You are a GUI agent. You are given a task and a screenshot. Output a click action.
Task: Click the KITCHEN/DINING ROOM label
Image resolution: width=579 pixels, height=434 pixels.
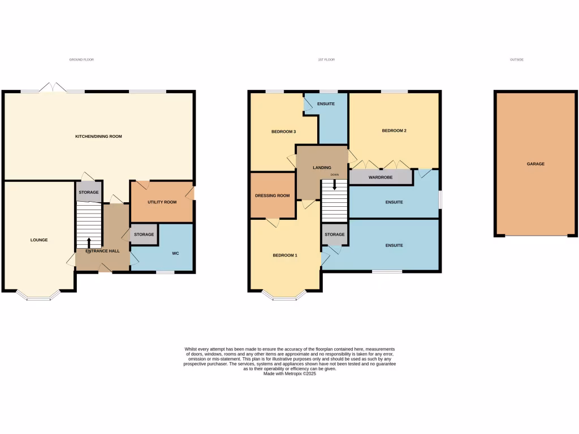coord(99,136)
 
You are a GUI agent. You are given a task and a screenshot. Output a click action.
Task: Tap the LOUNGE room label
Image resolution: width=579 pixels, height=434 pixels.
coord(39,240)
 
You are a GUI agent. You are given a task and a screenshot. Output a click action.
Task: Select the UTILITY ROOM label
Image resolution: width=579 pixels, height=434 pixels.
coord(162,202)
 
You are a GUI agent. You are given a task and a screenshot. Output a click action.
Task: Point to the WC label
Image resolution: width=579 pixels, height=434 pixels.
coord(175,253)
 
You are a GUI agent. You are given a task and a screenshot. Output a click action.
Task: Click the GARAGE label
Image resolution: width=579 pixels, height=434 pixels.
coord(535,164)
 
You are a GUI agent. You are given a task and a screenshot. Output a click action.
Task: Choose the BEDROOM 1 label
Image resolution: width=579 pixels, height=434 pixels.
coord(285,255)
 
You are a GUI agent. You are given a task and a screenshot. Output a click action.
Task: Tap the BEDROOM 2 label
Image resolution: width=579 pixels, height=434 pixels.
coord(394,131)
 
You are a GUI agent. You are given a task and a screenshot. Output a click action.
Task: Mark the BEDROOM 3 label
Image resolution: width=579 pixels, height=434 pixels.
coord(283,132)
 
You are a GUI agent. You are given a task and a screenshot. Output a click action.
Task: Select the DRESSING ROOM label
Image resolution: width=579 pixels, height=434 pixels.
coord(273,196)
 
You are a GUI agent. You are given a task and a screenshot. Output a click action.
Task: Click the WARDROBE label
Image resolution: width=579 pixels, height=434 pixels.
coord(380,177)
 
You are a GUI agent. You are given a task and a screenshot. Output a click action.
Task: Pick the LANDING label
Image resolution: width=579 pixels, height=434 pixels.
coord(322,167)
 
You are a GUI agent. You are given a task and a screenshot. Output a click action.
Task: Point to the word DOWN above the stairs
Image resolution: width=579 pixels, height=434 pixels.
coord(335,175)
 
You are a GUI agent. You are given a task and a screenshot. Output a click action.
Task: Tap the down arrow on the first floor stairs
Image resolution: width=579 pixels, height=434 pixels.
coord(335,184)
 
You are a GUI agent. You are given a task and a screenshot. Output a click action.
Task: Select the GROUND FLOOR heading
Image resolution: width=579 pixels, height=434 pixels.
coord(81,59)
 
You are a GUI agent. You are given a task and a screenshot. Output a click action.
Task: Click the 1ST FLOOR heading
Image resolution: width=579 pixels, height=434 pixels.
coord(326,59)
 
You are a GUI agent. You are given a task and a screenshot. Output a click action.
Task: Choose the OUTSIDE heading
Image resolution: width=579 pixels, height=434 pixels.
coord(516,59)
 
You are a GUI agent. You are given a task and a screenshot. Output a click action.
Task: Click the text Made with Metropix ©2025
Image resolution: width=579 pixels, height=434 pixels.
coord(289,374)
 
